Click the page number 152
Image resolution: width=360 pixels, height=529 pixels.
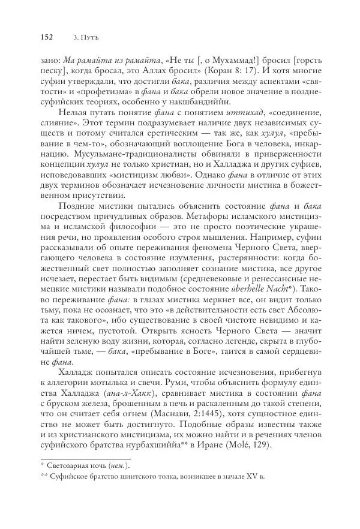click(x=46, y=37)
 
